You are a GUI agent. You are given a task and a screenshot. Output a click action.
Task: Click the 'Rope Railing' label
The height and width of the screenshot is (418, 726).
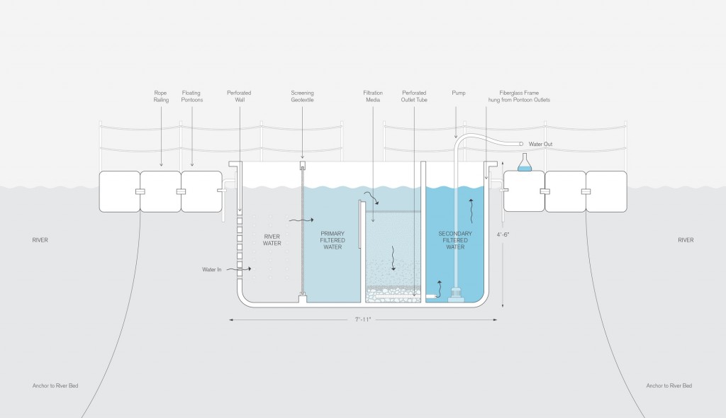[161, 96]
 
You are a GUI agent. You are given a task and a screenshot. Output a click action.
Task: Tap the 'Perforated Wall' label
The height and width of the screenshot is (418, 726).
[239, 96]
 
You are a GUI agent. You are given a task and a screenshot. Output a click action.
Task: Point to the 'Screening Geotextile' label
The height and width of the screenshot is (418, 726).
[302, 96]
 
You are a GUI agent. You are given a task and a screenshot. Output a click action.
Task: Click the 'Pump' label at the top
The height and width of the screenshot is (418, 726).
[457, 92]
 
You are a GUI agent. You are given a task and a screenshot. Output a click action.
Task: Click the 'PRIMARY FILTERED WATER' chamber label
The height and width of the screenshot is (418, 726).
[333, 240]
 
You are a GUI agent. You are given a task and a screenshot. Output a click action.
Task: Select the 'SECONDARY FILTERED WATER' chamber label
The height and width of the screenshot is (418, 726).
[454, 240]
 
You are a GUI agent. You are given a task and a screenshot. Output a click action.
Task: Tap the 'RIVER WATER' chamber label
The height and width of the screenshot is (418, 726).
[272, 240]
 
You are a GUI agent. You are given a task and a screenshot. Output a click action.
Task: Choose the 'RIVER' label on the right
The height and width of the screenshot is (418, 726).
[685, 240]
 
